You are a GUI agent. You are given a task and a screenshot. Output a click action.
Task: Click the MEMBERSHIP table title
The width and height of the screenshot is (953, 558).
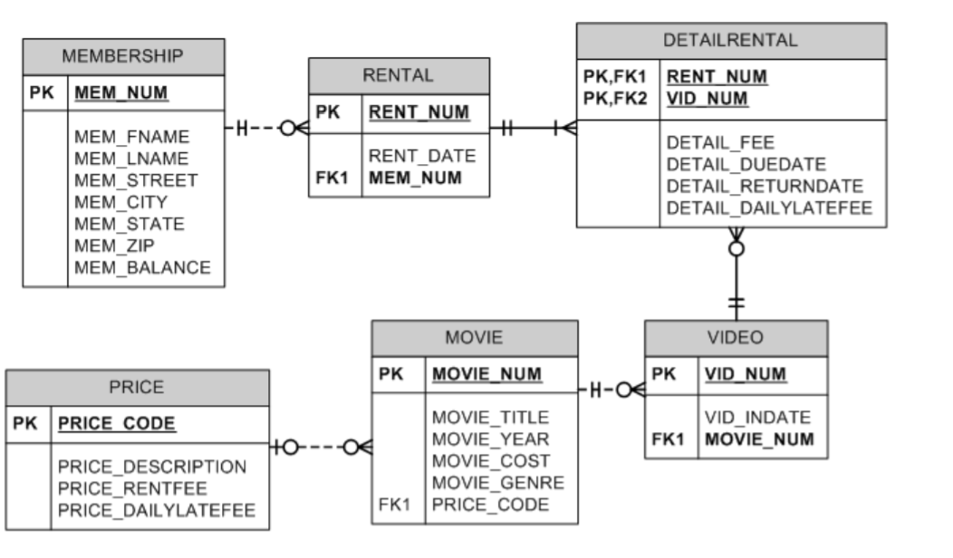point(122,56)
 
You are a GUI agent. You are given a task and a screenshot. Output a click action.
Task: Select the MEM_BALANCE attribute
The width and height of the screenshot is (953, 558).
point(142,267)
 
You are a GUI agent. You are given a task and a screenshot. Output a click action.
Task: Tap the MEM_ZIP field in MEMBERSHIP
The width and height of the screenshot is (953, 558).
point(114,245)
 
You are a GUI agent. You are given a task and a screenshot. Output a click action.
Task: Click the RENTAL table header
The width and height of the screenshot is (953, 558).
point(398,75)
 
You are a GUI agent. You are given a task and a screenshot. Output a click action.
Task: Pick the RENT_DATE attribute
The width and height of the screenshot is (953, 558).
point(421,156)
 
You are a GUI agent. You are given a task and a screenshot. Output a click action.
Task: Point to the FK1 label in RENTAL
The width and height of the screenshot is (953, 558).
point(332,178)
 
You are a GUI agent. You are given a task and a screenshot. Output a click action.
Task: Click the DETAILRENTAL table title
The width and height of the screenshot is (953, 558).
point(730,41)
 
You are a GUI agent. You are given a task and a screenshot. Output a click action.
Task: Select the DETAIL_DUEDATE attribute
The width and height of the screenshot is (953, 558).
point(746,164)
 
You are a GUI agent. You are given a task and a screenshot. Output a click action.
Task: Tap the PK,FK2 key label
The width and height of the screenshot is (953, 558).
point(615,98)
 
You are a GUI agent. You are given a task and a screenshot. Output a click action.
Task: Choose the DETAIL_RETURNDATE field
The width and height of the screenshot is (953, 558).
point(765,186)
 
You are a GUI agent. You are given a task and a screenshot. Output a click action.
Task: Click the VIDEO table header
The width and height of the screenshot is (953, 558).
point(735,338)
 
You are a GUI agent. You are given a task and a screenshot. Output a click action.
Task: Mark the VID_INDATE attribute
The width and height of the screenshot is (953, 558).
point(757,418)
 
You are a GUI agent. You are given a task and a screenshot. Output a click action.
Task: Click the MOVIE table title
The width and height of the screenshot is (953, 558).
point(473,338)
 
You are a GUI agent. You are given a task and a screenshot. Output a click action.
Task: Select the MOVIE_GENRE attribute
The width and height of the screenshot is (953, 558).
point(497,483)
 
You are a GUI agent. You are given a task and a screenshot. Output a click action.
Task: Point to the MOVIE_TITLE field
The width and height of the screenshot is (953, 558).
point(490,418)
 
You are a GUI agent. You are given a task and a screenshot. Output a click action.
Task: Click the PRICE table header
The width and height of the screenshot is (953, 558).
point(137,388)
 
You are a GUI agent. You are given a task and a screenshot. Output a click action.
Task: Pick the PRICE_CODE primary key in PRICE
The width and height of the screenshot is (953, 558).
point(117,424)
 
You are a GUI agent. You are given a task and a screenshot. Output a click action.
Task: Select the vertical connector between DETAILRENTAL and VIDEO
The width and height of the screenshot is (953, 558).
point(736,276)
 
